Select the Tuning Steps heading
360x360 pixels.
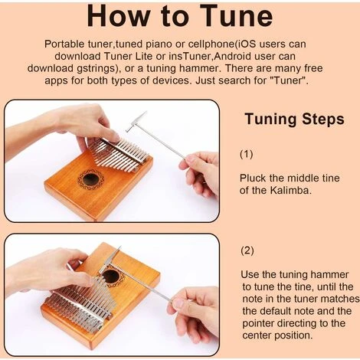[x=294, y=119]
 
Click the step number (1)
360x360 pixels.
[x=247, y=154]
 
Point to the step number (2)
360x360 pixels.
[x=247, y=250]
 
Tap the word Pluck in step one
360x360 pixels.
[x=253, y=178]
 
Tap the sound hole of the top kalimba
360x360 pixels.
[x=90, y=179]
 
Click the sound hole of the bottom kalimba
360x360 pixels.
[x=111, y=277]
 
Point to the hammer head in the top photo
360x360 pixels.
[x=136, y=122]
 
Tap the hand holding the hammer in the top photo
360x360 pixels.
[x=201, y=173]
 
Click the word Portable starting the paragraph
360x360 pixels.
[x=64, y=44]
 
